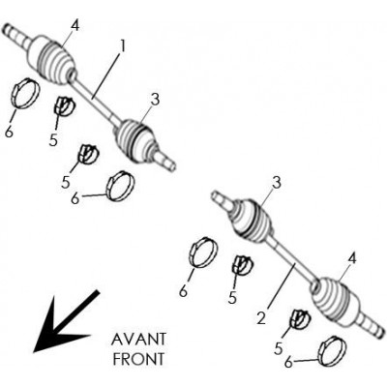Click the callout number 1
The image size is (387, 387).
point(122,46)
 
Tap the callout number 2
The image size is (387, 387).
point(261,318)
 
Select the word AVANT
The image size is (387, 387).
point(138,340)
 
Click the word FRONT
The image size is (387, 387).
point(138,359)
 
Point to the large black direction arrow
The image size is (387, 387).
point(66,321)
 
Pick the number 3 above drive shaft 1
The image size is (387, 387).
point(155,100)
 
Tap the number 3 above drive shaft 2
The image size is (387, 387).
point(276,183)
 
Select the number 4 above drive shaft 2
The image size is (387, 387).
point(352,258)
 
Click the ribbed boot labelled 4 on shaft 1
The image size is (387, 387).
point(53,60)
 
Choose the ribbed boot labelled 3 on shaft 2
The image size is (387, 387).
point(252,221)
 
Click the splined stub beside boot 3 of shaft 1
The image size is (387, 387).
point(165,162)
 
